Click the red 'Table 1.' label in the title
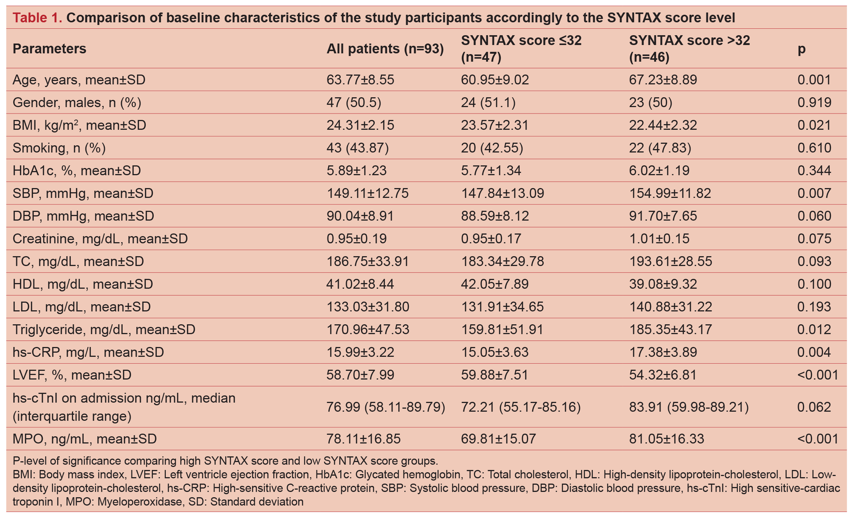(37, 18)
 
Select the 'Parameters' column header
(49, 49)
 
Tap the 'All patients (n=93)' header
(385, 49)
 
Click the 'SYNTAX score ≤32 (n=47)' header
(521, 49)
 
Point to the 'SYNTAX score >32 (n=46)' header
(689, 49)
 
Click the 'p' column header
(801, 49)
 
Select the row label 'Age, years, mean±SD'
(79, 80)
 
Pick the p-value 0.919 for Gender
(814, 103)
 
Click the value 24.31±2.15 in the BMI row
(360, 125)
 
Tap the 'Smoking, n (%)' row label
(59, 148)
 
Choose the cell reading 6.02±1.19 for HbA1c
(659, 171)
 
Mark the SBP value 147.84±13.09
(502, 193)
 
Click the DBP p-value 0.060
(814, 216)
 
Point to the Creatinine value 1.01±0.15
(659, 239)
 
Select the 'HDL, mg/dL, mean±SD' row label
(83, 284)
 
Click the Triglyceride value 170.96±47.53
(368, 330)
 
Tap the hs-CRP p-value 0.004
(814, 352)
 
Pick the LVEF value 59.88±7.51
(494, 375)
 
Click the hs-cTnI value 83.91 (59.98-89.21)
(689, 407)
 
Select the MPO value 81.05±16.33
(666, 439)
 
